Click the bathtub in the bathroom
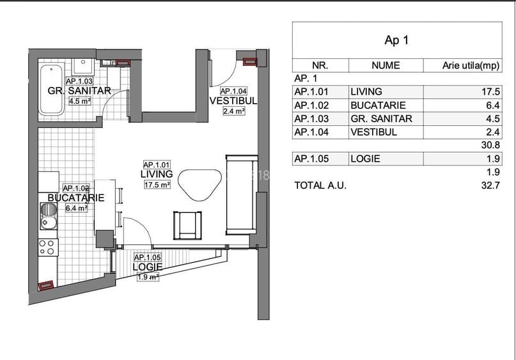click(51, 89)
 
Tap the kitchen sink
click(49, 216)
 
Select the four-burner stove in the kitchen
click(48, 247)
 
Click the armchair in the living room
click(187, 226)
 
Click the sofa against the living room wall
click(242, 194)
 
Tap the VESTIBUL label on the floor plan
click(233, 100)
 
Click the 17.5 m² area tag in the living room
click(157, 185)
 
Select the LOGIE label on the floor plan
click(148, 267)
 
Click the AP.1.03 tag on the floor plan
click(79, 81)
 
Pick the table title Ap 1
click(396, 40)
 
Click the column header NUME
click(386, 65)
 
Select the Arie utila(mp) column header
click(471, 65)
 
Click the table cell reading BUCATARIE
click(378, 106)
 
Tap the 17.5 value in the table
click(491, 91)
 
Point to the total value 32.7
click(490, 185)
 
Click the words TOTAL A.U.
click(320, 185)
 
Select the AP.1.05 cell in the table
click(311, 159)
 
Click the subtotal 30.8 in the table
click(490, 145)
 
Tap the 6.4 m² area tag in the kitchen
click(77, 208)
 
